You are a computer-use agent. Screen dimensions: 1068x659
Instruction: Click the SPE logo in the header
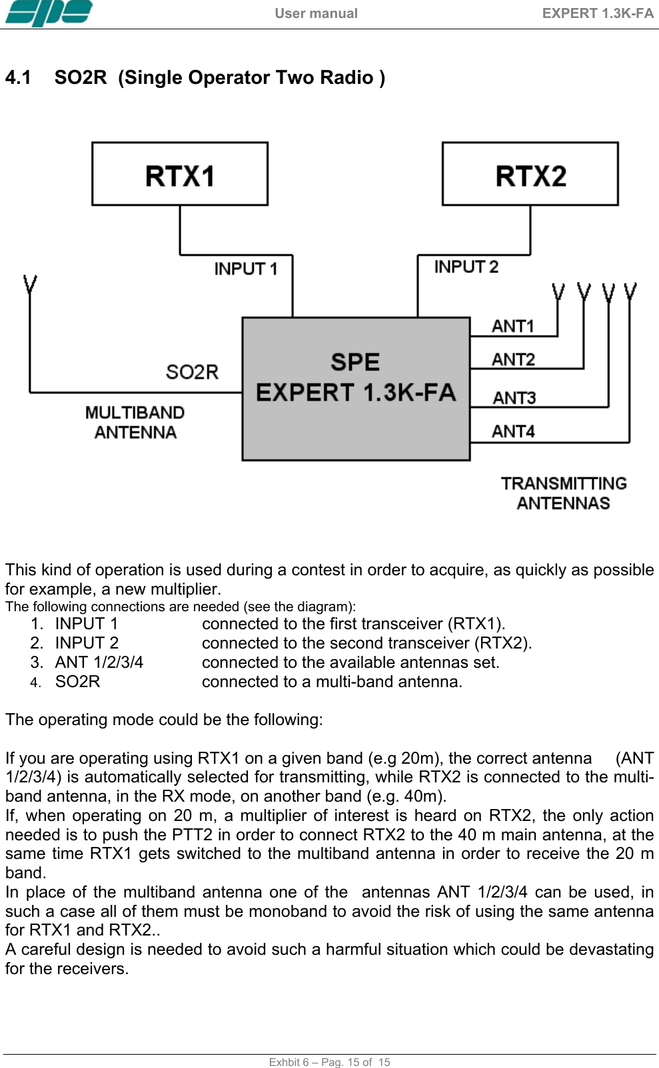coord(49,13)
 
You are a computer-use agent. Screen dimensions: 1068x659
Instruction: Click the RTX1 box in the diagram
coord(180,174)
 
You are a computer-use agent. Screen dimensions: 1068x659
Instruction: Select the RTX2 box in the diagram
coord(530,174)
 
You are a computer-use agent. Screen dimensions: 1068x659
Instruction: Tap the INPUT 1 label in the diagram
coord(245,269)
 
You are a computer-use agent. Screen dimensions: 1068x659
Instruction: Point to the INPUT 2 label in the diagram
coord(466,267)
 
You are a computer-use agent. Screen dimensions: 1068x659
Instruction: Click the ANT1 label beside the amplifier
coord(513,326)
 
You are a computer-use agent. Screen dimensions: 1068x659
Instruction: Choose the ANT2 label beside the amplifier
coord(513,360)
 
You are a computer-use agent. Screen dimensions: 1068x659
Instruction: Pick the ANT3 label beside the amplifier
coord(514,398)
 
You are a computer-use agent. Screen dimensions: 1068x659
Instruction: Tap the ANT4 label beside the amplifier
coord(513,431)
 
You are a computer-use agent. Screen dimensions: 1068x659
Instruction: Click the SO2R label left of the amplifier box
coord(192,372)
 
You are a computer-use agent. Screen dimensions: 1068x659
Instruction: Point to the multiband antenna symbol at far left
coord(30,285)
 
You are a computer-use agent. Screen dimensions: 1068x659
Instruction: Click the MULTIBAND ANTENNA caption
coord(135,423)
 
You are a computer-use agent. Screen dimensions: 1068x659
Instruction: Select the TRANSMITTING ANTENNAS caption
coord(564,493)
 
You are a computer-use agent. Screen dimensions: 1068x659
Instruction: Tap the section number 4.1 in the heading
coord(18,78)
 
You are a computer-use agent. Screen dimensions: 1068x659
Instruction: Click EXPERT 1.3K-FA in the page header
coord(598,13)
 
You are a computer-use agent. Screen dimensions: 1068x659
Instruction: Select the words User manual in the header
coord(316,13)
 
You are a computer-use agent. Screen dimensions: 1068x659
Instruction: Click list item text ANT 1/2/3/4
coord(99,663)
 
